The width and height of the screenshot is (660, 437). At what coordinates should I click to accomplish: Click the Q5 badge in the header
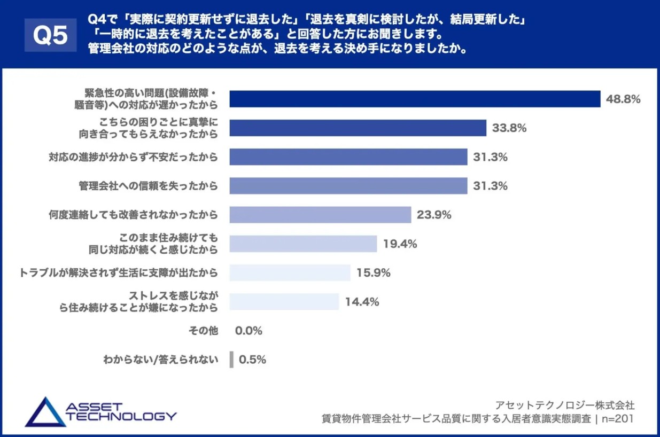click(x=50, y=35)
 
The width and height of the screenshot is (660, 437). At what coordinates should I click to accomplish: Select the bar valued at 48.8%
click(x=415, y=99)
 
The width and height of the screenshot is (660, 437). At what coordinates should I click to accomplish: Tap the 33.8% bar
click(x=358, y=128)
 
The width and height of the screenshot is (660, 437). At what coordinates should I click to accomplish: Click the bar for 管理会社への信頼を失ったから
click(x=348, y=186)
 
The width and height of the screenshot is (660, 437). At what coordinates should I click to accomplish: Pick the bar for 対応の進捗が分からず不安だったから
click(x=348, y=157)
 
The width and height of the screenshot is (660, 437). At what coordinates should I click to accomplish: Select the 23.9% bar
click(x=320, y=215)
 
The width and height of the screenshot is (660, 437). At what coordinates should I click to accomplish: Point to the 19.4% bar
click(x=303, y=244)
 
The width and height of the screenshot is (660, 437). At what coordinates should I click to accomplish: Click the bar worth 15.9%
click(x=290, y=272)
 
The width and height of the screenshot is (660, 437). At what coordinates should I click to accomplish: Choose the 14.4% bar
click(x=284, y=301)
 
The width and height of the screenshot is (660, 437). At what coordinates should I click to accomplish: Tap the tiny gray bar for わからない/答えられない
click(x=231, y=360)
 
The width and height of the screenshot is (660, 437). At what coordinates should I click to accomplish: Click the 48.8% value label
click(x=623, y=99)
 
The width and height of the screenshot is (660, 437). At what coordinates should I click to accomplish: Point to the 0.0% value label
click(x=249, y=331)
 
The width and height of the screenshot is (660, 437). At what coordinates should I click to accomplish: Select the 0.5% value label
click(x=252, y=360)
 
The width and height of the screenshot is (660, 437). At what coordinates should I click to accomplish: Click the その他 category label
click(x=203, y=331)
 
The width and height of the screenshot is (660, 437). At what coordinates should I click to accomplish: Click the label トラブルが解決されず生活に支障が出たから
click(x=118, y=272)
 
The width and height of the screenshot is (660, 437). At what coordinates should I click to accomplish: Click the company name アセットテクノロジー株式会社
click(x=565, y=404)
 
